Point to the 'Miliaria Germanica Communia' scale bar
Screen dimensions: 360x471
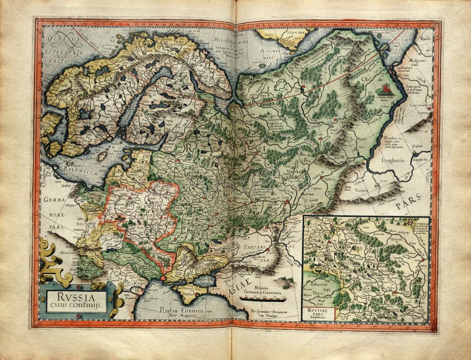tap(265, 298)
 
